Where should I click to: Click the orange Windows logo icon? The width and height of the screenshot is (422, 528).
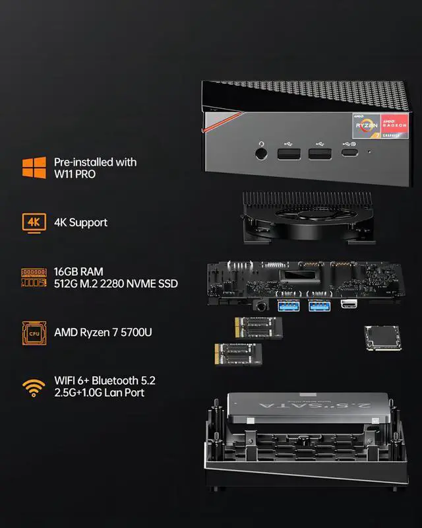[30, 167]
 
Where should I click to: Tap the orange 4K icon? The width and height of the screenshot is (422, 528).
[31, 222]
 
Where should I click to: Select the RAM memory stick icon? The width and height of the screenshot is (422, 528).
[31, 277]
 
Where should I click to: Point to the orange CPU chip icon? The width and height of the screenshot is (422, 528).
[31, 332]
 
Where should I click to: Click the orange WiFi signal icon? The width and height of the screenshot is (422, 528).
[30, 387]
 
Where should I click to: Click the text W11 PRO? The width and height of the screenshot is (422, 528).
[75, 174]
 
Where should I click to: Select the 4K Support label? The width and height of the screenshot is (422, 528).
[80, 222]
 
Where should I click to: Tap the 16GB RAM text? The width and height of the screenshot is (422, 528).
[79, 271]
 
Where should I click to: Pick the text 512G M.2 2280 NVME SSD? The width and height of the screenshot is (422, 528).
[115, 284]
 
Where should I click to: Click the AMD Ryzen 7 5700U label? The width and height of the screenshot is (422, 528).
[103, 332]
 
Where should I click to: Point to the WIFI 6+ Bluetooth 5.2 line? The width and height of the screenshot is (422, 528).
[105, 381]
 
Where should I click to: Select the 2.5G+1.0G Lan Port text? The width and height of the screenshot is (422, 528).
[99, 393]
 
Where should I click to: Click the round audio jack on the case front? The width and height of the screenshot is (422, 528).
[262, 154]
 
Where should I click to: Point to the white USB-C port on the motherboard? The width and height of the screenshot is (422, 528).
[348, 304]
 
